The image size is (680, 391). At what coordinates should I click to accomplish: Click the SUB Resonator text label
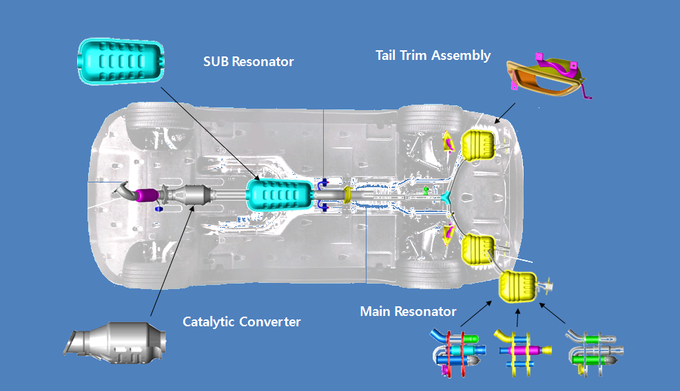click(x=248, y=62)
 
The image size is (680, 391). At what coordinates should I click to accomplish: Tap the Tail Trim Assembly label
click(x=433, y=55)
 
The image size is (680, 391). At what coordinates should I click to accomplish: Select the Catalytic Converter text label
click(x=241, y=321)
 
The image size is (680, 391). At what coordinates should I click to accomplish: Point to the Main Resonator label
click(x=408, y=312)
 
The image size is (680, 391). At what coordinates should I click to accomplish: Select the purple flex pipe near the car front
click(x=145, y=195)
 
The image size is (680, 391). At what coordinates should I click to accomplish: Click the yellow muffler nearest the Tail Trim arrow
click(x=480, y=145)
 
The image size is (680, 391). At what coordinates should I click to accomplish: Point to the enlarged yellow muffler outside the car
click(x=517, y=286)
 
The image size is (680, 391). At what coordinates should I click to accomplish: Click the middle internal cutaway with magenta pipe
click(x=521, y=350)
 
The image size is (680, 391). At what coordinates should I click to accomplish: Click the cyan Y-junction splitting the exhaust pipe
click(x=448, y=197)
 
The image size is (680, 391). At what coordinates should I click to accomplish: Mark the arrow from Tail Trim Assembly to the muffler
click(x=505, y=113)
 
